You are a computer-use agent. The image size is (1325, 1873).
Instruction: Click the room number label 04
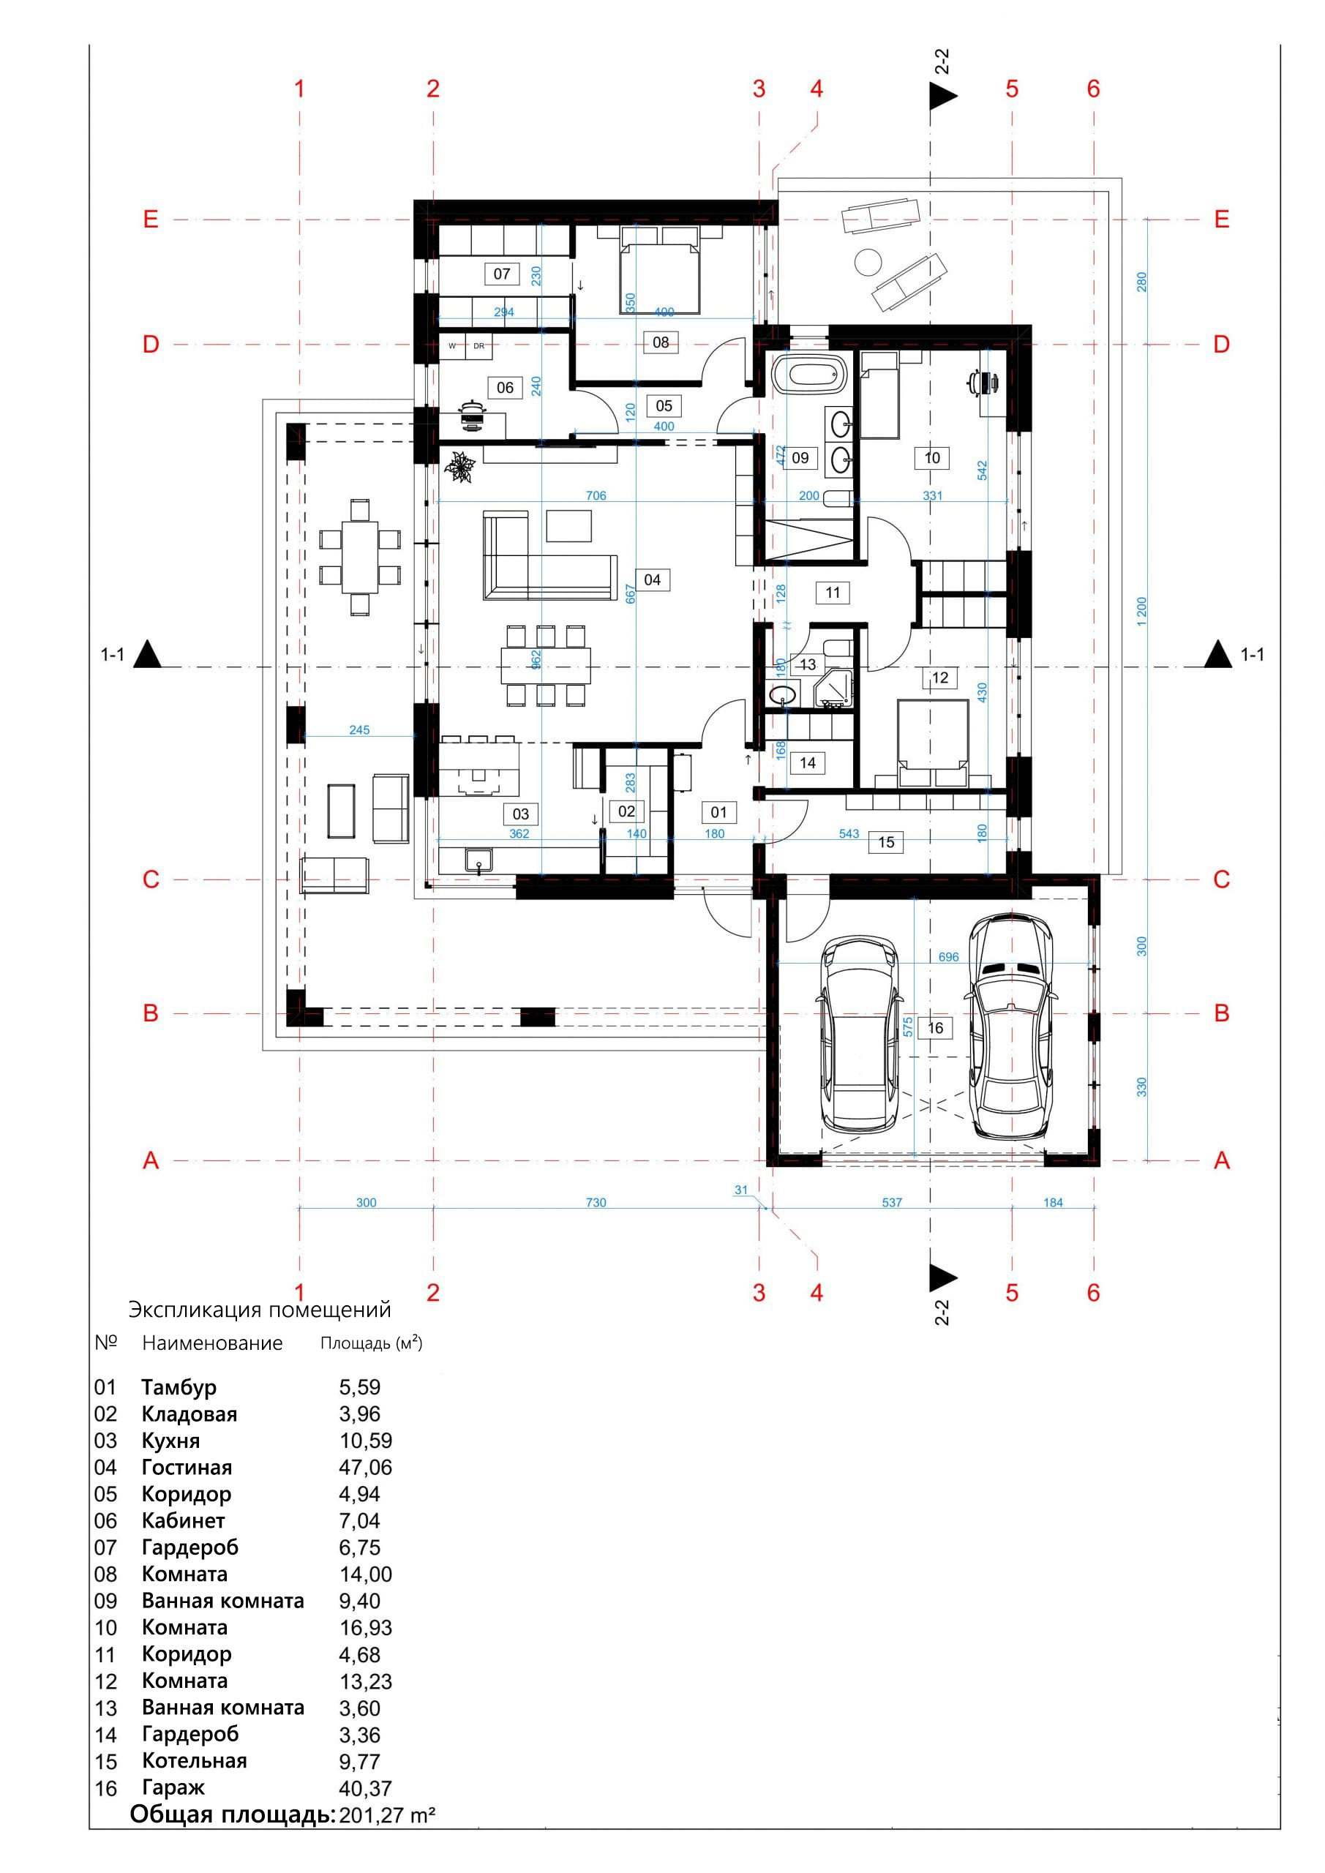click(x=652, y=580)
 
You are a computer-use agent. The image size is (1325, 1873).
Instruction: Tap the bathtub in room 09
click(x=806, y=376)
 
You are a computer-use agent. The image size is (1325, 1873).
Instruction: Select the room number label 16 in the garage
click(x=935, y=1028)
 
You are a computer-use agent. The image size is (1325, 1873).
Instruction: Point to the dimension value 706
click(x=596, y=495)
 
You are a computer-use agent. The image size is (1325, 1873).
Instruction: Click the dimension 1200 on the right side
click(x=1141, y=612)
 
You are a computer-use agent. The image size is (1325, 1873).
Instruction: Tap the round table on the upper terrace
click(x=868, y=262)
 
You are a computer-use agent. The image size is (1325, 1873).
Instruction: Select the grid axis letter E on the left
click(x=151, y=219)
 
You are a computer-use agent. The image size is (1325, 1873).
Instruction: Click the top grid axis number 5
click(x=1012, y=89)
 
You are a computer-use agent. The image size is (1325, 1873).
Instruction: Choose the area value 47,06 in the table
click(x=366, y=1467)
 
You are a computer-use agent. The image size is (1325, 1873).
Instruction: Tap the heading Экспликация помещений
click(x=260, y=1310)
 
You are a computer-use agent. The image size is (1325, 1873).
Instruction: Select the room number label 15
click(x=886, y=842)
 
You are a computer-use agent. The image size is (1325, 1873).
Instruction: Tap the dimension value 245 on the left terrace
click(x=359, y=730)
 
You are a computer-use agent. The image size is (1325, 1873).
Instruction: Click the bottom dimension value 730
click(x=596, y=1202)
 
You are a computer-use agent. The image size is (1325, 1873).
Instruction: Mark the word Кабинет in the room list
click(x=183, y=1520)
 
